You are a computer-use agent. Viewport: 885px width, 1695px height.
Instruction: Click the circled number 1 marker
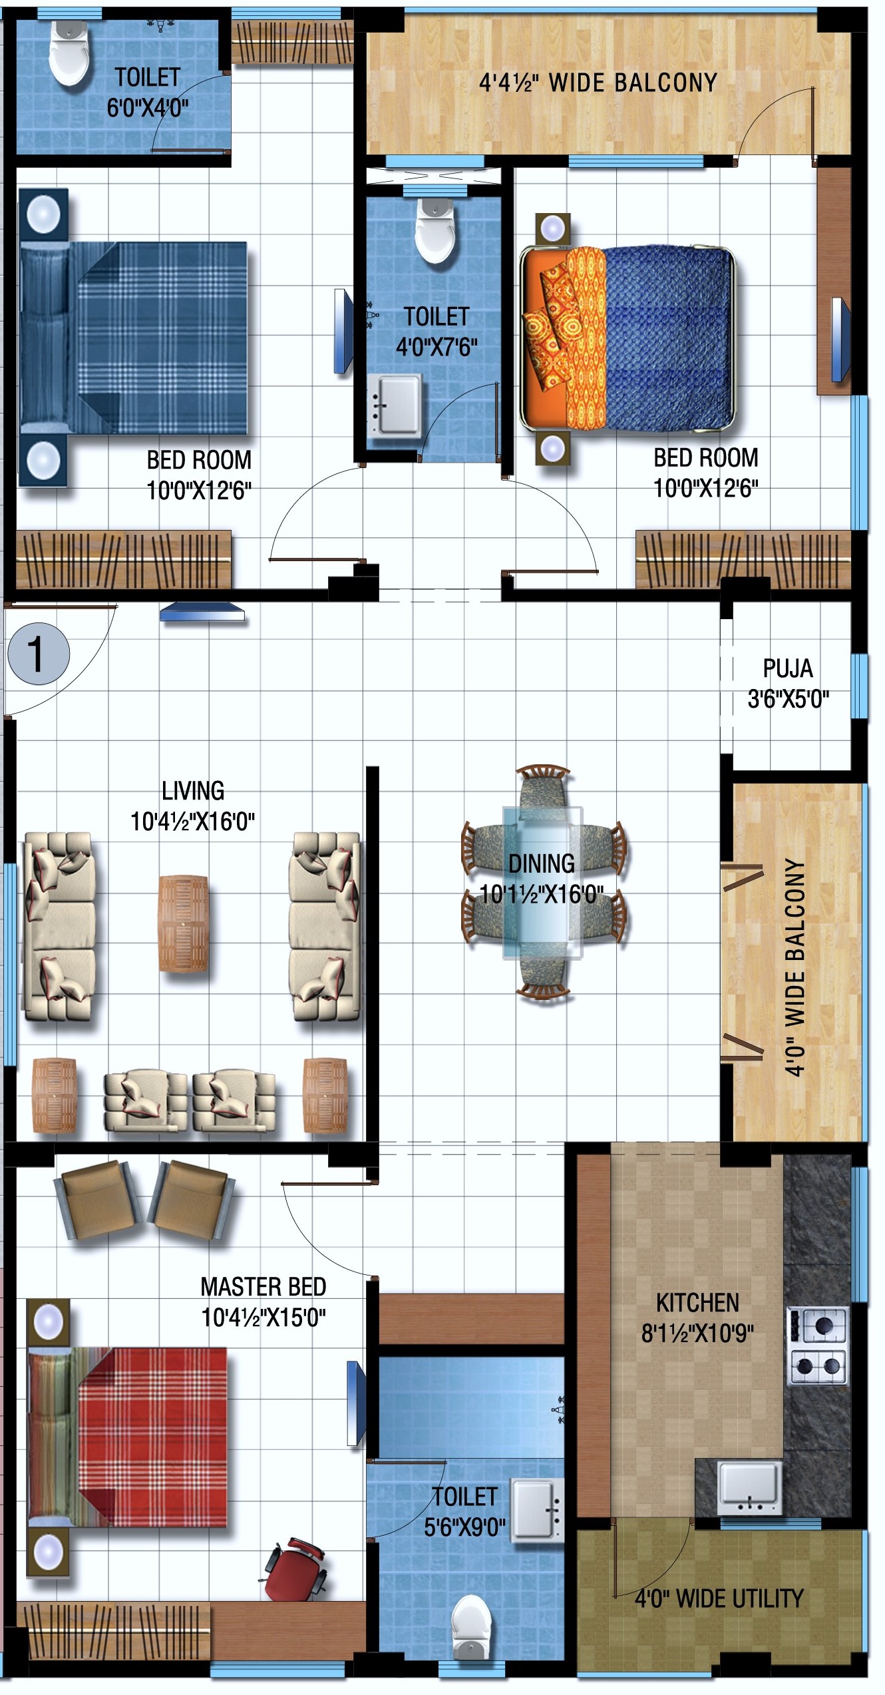point(39,654)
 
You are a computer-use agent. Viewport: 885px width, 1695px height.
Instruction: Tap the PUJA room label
point(788,668)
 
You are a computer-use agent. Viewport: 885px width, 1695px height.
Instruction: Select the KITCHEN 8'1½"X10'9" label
point(697,1318)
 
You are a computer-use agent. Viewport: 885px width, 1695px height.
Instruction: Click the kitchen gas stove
point(818,1345)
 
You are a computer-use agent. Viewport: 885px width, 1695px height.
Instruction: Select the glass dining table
point(542,882)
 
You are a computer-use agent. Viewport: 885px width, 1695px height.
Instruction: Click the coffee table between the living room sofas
point(183,923)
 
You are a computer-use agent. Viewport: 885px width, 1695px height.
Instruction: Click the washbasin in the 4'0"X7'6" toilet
point(395,405)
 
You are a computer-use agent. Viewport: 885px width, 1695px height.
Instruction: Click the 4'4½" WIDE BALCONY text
point(598,83)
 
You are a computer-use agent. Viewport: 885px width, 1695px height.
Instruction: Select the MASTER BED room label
point(264,1286)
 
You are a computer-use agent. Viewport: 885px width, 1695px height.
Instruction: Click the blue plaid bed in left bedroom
point(133,338)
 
